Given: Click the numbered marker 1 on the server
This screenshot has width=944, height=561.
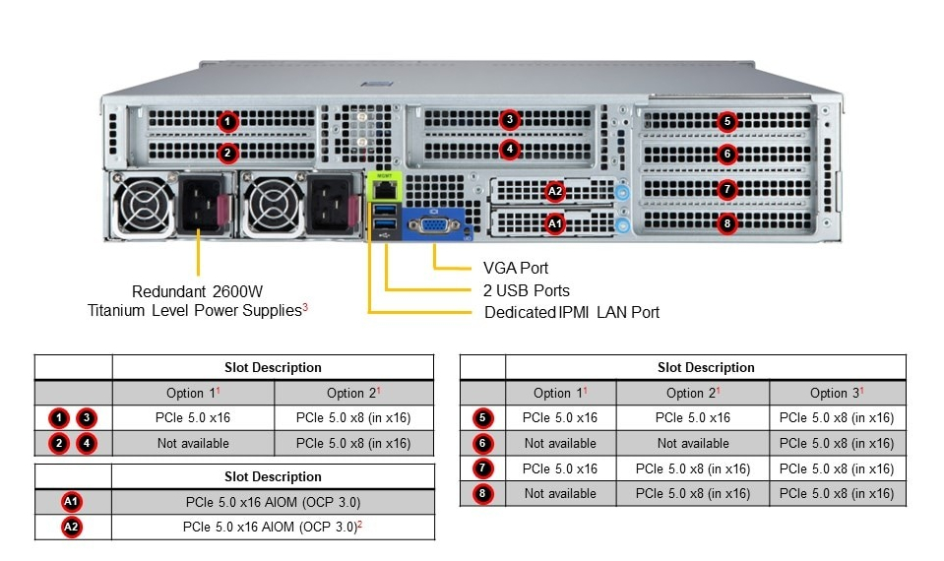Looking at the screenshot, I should [227, 122].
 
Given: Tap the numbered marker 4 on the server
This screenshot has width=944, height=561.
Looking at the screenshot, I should [509, 151].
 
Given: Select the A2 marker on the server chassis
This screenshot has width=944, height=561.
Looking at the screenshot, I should [555, 191].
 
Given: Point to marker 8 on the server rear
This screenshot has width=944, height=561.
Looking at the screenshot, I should [727, 223].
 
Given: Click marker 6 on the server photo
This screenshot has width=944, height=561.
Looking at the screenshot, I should [727, 154].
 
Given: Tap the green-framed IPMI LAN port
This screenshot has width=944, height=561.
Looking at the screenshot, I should [383, 186].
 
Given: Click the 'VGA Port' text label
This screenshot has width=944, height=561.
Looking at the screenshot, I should [516, 268].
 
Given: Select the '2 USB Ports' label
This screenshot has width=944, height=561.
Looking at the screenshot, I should [527, 290].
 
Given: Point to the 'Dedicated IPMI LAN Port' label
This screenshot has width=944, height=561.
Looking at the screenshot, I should [572, 312].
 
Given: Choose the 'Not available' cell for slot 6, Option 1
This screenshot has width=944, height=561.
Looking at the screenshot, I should [560, 443].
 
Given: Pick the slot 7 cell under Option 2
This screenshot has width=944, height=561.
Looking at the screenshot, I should [693, 468].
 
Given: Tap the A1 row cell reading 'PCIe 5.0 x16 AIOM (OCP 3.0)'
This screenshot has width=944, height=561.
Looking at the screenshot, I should [273, 502].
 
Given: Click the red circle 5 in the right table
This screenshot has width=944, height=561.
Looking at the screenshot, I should [482, 417].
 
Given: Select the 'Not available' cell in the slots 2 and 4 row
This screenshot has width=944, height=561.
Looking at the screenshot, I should [193, 443].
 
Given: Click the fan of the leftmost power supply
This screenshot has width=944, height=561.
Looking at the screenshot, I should [144, 208].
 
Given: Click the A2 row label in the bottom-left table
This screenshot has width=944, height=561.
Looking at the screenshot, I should [72, 527].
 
